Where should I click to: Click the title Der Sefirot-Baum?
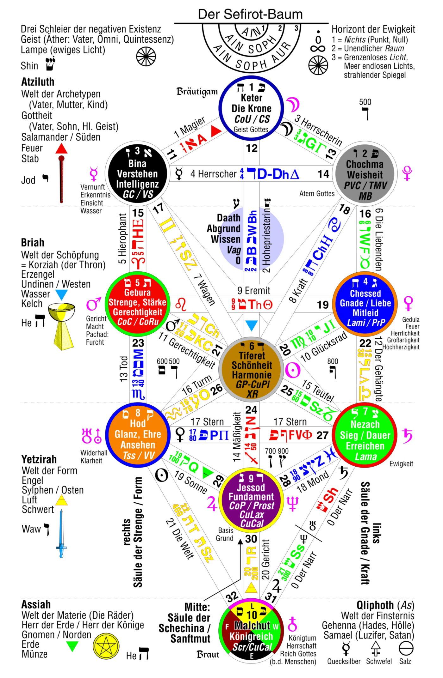[x=250, y=14]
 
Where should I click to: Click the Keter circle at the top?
[x=252, y=108]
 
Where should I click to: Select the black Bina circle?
[x=137, y=173]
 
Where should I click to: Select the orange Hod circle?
[x=138, y=434]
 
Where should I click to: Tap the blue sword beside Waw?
[x=61, y=534]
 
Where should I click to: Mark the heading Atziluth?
[x=38, y=82]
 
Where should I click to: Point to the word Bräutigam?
[x=197, y=92]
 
